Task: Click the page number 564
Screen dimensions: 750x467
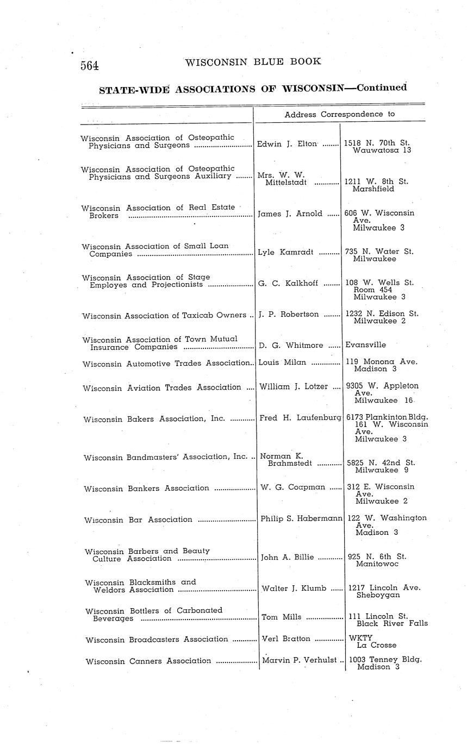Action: click(x=90, y=66)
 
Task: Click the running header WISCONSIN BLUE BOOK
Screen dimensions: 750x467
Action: click(x=253, y=62)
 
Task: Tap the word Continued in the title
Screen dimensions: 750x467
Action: click(x=381, y=87)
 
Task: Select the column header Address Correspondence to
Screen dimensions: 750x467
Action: click(x=339, y=114)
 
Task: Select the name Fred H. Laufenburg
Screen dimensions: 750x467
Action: click(x=300, y=418)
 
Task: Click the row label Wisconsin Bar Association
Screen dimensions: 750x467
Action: click(x=138, y=520)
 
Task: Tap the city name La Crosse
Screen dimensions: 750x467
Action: click(x=376, y=645)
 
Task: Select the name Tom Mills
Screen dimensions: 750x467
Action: click(x=277, y=617)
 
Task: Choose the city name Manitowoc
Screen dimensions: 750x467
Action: click(x=377, y=564)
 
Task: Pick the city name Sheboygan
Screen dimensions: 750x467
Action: click(x=378, y=595)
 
